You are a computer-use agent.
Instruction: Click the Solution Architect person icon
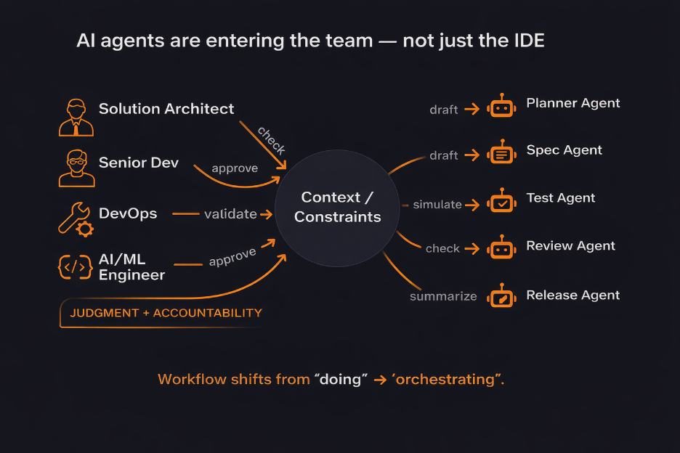(76, 117)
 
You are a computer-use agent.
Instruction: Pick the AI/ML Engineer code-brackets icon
(75, 267)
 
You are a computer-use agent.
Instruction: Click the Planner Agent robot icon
(502, 107)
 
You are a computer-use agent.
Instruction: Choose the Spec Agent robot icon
(502, 153)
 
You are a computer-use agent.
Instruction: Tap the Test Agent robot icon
(502, 203)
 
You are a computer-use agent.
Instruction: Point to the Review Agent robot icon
(502, 248)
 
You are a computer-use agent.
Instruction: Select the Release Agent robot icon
(502, 296)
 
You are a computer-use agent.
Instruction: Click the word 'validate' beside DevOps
(230, 214)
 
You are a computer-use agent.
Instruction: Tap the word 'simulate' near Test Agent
(437, 205)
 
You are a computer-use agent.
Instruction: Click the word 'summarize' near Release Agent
(443, 296)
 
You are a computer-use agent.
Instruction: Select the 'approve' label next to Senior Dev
(235, 168)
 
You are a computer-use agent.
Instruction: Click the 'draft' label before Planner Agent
(444, 110)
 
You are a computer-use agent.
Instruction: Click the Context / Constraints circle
(337, 207)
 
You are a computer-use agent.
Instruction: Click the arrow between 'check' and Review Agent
(472, 248)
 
